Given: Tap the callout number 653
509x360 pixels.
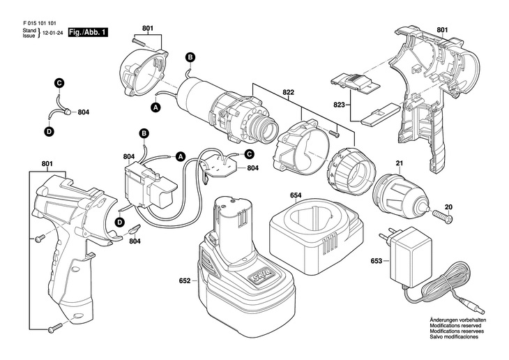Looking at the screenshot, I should coord(376,262).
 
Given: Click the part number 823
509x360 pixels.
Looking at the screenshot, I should coord(340,105).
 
